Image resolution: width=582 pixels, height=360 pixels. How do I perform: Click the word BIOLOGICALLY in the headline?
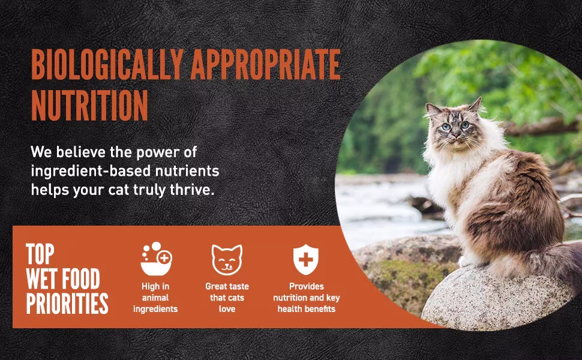[107, 65]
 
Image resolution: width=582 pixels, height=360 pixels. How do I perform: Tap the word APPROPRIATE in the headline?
[265, 65]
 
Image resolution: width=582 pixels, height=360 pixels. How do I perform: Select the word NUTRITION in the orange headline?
[89, 105]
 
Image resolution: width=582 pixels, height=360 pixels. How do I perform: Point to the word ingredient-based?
[91, 171]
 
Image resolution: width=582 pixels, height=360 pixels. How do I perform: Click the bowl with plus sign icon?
[156, 259]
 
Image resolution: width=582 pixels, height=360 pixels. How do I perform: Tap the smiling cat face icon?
[227, 259]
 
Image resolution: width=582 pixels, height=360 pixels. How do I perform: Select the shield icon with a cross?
[306, 259]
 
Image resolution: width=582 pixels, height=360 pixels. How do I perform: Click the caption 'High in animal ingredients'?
[155, 298]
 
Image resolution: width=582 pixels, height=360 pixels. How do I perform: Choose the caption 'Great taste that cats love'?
[227, 298]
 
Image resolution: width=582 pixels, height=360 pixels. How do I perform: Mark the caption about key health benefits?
[307, 298]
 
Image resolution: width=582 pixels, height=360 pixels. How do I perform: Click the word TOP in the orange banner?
[40, 254]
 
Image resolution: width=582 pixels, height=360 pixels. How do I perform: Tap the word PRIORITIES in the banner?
[67, 303]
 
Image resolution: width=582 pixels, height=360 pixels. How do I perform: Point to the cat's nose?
[454, 135]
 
